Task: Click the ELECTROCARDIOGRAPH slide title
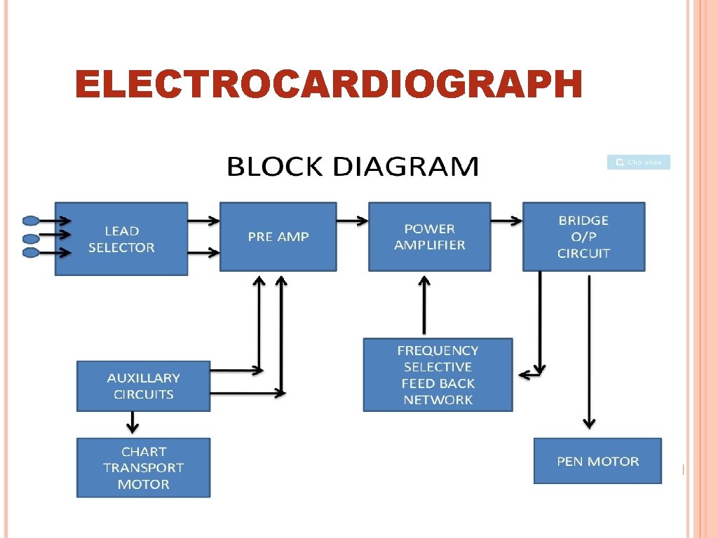coord(328,85)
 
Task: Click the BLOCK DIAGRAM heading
coord(353,167)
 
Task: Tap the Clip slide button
coord(638,163)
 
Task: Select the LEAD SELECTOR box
coord(121,239)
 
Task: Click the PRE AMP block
coord(278,237)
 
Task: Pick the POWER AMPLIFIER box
coord(429,237)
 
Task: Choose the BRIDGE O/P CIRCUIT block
coord(583,237)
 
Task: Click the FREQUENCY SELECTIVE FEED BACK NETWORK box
coord(438,375)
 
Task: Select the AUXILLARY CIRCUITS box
coord(143,386)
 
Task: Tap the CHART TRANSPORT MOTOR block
coord(143,468)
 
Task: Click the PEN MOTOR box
coord(597,461)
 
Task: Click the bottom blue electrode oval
coord(31,253)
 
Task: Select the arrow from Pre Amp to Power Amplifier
coord(352,221)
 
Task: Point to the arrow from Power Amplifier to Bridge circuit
coord(506,221)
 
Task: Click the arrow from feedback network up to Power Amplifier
coord(424,305)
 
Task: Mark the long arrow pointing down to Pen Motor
coord(589,350)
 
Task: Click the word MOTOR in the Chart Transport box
coord(143,484)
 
